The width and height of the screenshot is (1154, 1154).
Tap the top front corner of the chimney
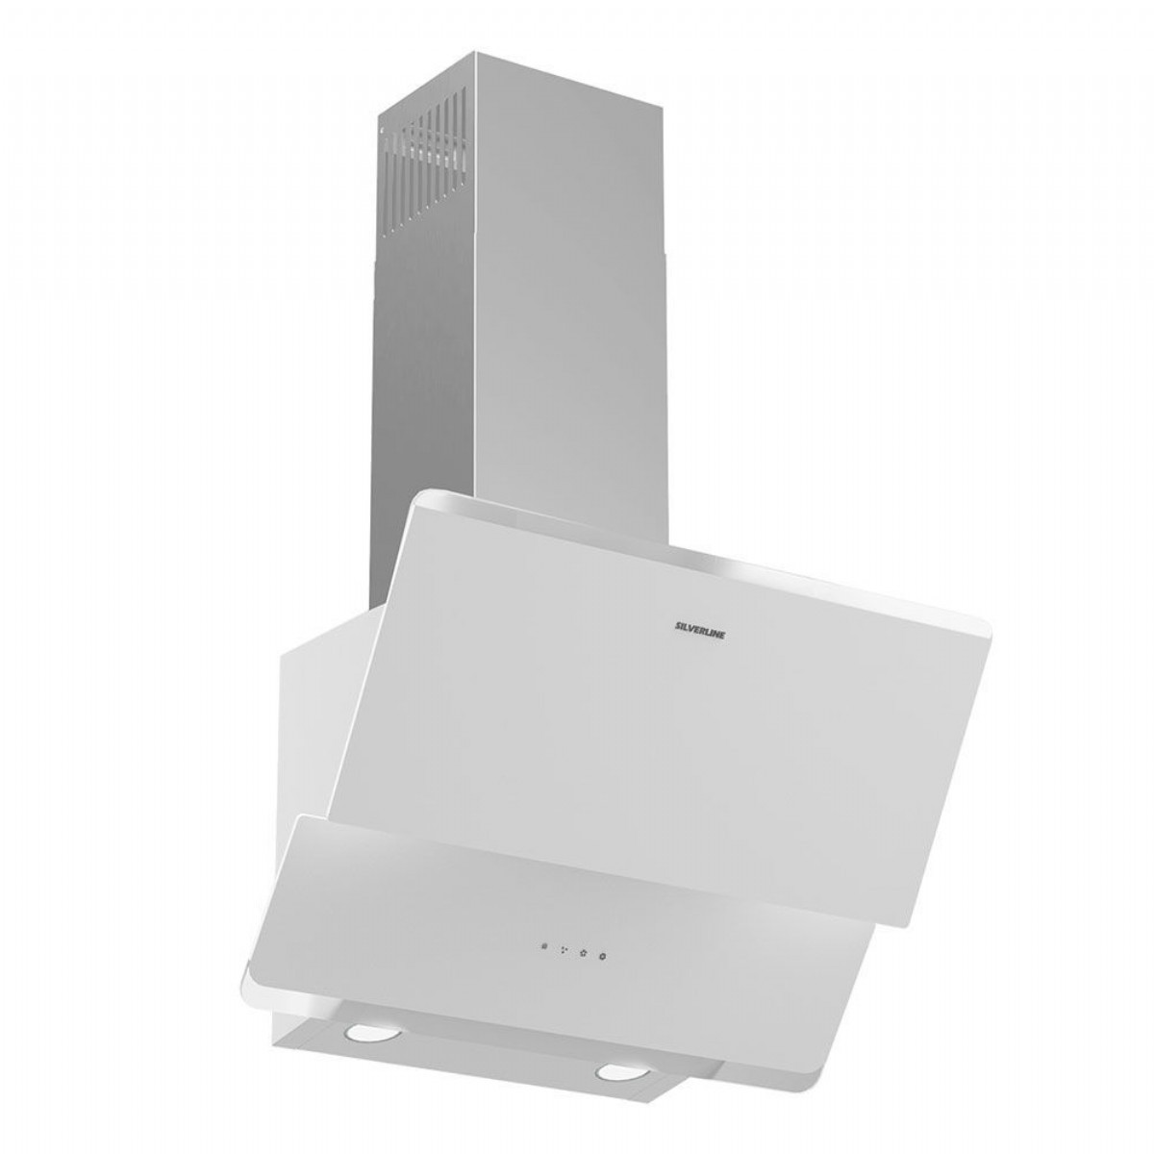click(x=476, y=52)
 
